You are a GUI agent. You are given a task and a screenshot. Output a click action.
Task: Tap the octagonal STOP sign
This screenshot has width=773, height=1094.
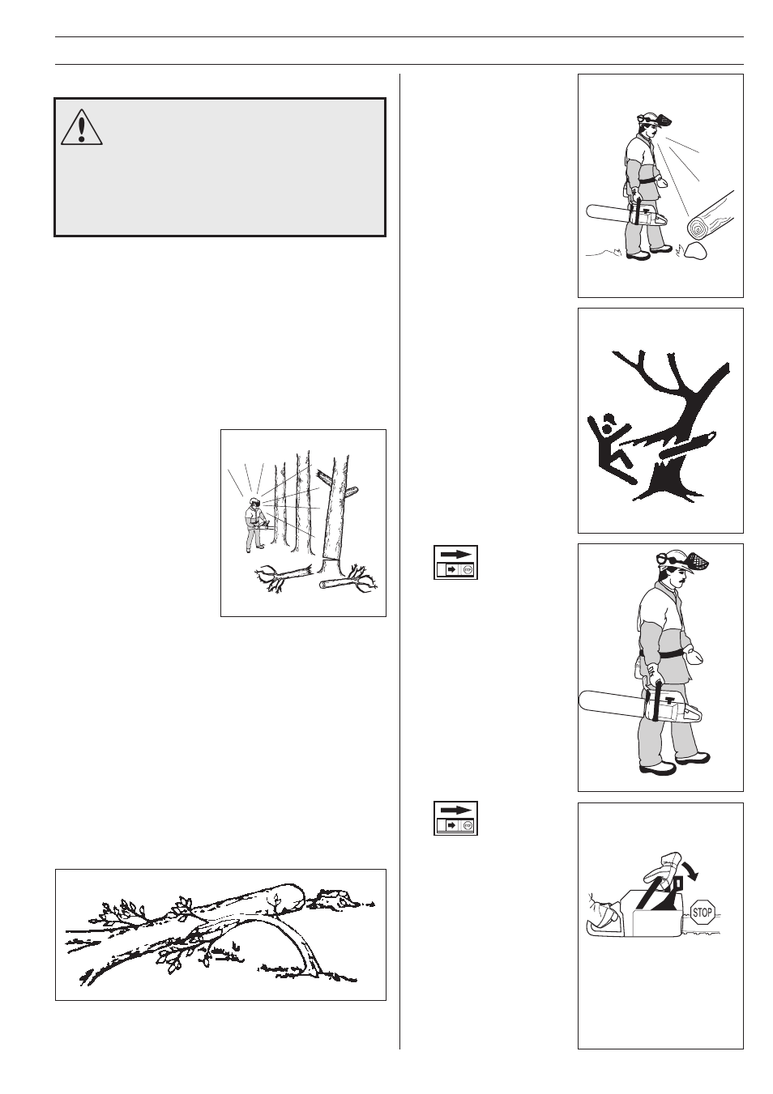702,913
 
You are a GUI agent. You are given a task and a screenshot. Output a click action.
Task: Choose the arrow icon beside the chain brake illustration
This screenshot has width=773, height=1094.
455,818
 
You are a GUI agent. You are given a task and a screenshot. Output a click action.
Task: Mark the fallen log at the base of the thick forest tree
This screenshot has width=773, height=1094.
340,583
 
